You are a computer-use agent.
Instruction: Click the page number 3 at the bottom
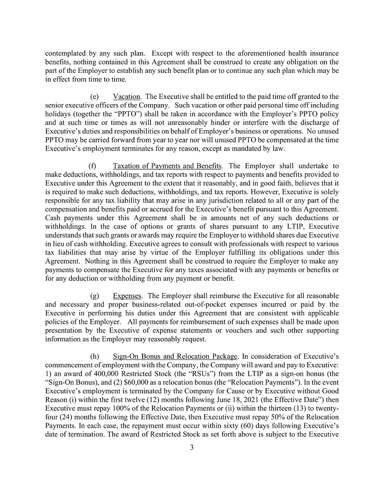tap(192, 448)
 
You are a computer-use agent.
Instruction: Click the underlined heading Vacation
tap(126, 97)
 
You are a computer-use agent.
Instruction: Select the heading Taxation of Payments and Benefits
tap(167, 166)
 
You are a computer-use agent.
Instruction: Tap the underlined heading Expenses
tap(126, 296)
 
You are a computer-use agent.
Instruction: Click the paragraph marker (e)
tap(94, 97)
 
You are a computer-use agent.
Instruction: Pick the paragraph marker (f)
tap(93, 166)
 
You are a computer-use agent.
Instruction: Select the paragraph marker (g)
tap(94, 296)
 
